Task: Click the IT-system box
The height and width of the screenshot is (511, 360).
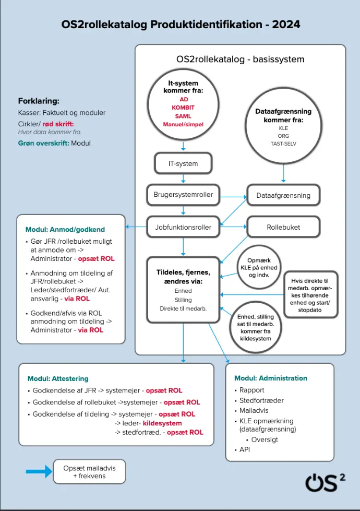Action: pyautogui.click(x=183, y=163)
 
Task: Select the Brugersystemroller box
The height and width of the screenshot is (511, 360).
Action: pyautogui.click(x=183, y=194)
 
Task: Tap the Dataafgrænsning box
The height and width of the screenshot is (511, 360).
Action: pyautogui.click(x=283, y=195)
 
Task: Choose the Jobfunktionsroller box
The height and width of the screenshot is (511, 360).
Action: pyautogui.click(x=183, y=227)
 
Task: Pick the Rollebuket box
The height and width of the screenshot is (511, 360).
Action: pyautogui.click(x=283, y=227)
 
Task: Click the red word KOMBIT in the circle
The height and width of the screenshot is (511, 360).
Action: pyautogui.click(x=183, y=108)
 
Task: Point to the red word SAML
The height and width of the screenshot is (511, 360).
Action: pyautogui.click(x=183, y=116)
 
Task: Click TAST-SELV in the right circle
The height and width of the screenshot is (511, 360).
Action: pyautogui.click(x=283, y=144)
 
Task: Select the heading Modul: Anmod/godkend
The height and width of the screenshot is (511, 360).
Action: pyautogui.click(x=65, y=230)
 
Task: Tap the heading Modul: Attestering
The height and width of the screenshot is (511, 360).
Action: pyautogui.click(x=58, y=378)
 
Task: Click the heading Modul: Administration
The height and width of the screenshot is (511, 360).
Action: pyautogui.click(x=271, y=378)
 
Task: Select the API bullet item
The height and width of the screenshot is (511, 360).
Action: pyautogui.click(x=245, y=449)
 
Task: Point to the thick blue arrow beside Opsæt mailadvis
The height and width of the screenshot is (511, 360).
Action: pyautogui.click(x=39, y=472)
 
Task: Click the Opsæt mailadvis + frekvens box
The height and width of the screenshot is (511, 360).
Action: pyautogui.click(x=90, y=472)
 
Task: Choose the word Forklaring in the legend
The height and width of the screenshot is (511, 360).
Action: pyautogui.click(x=39, y=101)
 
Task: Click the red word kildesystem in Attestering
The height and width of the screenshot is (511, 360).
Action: pyautogui.click(x=162, y=423)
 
